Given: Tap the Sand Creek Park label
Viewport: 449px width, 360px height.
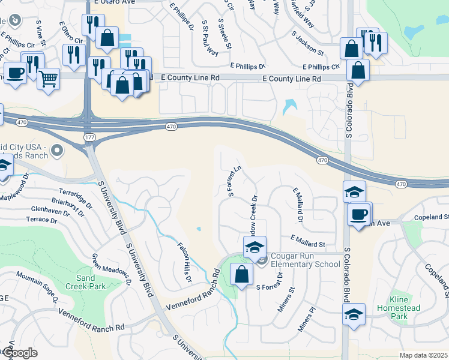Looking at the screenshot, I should [91, 283].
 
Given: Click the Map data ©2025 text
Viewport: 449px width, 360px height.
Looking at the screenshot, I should [423, 355].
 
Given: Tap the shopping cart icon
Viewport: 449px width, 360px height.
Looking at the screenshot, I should [48, 78].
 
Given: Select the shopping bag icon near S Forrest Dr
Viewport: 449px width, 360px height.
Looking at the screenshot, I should [241, 275].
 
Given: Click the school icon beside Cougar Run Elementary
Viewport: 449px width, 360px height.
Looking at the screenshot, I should [255, 247].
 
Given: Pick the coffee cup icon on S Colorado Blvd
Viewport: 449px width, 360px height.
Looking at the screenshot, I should [359, 214].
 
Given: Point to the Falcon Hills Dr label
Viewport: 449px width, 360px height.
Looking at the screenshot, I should [183, 262].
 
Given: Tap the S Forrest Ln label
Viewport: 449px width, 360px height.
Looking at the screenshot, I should [234, 181].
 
